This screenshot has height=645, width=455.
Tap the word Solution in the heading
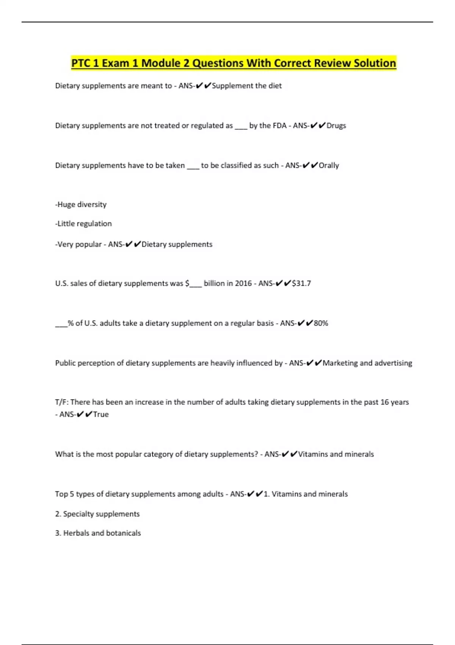pyautogui.click(x=375, y=63)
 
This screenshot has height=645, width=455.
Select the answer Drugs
pyautogui.click(x=336, y=126)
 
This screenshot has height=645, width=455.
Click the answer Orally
pyautogui.click(x=329, y=165)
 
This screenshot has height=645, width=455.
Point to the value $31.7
pyautogui.click(x=301, y=283)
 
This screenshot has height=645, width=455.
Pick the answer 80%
pyautogui.click(x=321, y=323)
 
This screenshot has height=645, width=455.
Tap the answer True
pyautogui.click(x=101, y=414)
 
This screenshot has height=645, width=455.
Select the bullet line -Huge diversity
pyautogui.click(x=81, y=205)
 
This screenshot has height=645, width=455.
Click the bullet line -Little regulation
pyautogui.click(x=83, y=224)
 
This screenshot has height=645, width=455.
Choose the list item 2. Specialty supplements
pyautogui.click(x=97, y=514)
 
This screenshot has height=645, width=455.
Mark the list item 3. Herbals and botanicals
pyautogui.click(x=98, y=533)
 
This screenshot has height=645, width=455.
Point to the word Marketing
pyautogui.click(x=340, y=363)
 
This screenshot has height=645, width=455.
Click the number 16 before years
pyautogui.click(x=384, y=402)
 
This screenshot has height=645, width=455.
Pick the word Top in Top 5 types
pyautogui.click(x=61, y=494)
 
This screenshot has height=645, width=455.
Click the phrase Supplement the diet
pyautogui.click(x=246, y=86)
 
